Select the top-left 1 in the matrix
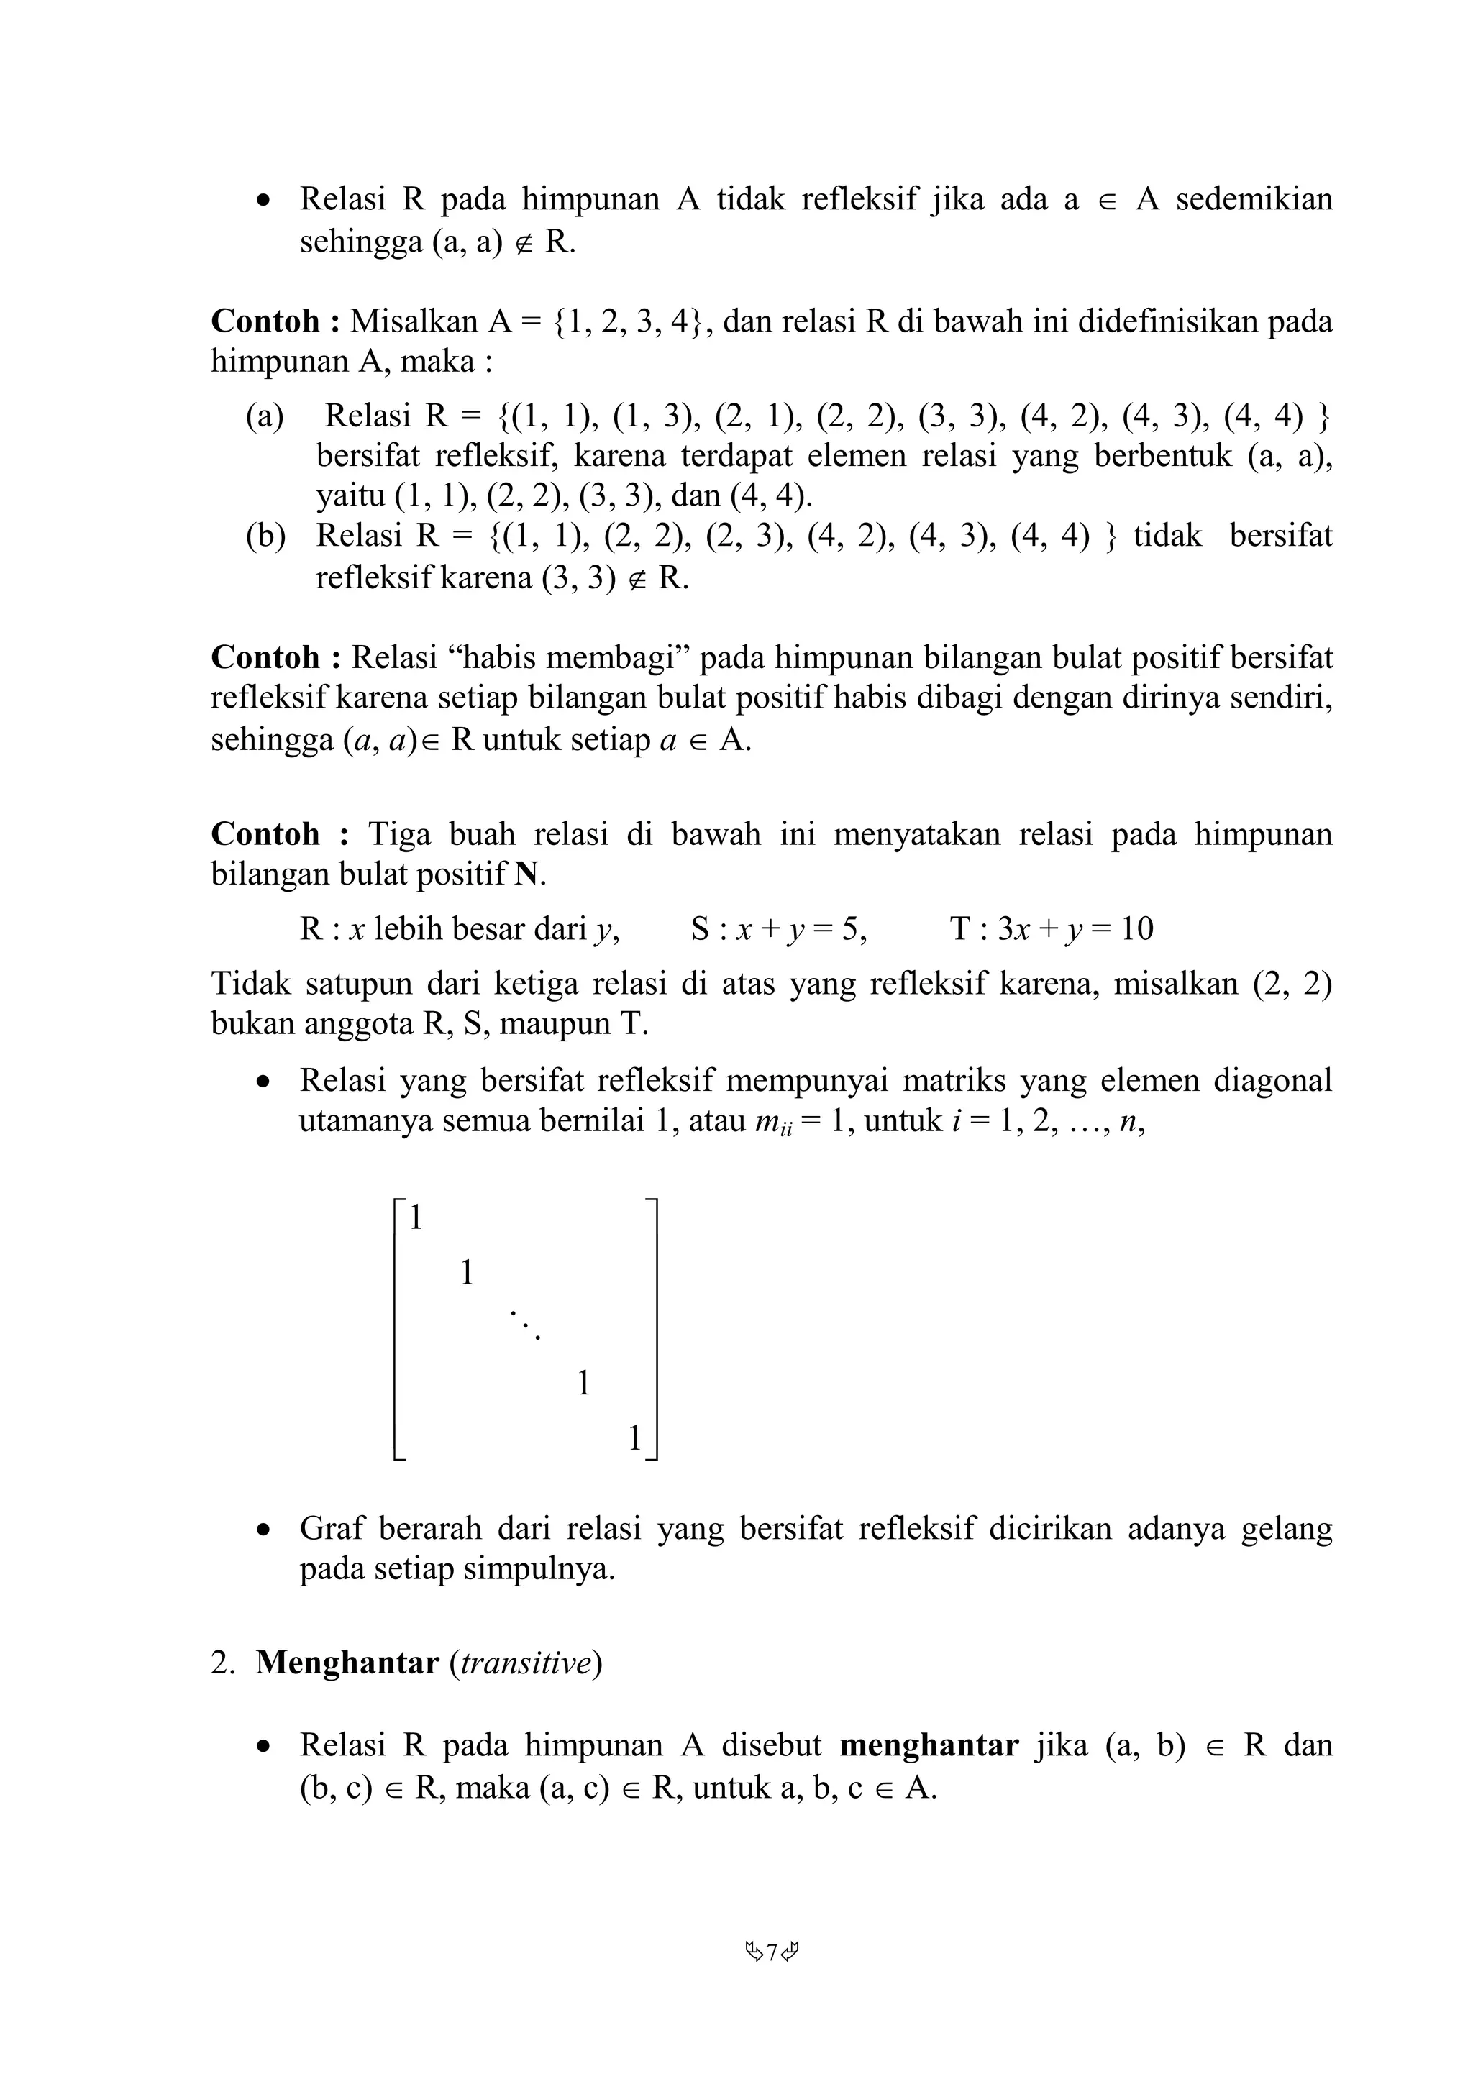pyautogui.click(x=416, y=1218)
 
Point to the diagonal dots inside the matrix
pyautogui.click(x=524, y=1325)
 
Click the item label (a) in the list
pyautogui.click(x=264, y=416)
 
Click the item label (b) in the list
pyautogui.click(x=265, y=536)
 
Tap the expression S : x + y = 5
pyautogui.click(x=777, y=929)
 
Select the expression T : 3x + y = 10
pyautogui.click(x=1051, y=929)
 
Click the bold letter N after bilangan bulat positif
pyautogui.click(x=526, y=874)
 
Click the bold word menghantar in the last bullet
pyautogui.click(x=929, y=1745)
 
